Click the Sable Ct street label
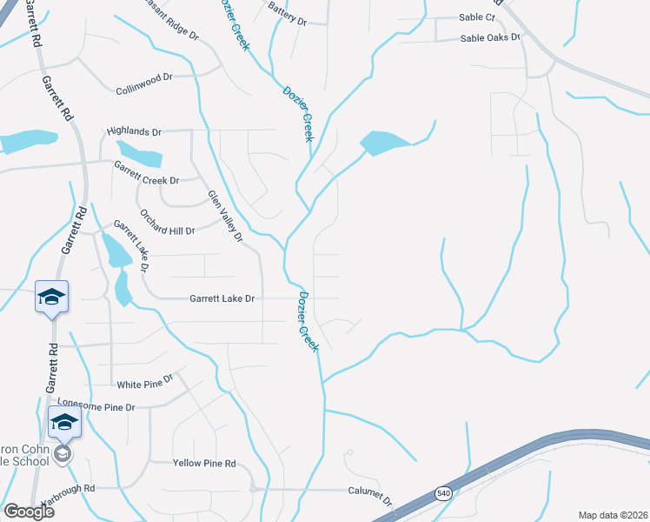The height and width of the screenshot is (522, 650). (476, 17)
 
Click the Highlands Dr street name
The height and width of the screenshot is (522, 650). (134, 131)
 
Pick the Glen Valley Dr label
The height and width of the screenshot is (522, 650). (223, 214)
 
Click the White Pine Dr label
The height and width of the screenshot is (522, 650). (146, 382)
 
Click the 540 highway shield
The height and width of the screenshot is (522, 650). (444, 493)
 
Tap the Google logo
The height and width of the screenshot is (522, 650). (29, 512)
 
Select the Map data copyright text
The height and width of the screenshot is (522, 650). (614, 515)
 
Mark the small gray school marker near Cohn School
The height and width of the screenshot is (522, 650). (62, 453)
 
